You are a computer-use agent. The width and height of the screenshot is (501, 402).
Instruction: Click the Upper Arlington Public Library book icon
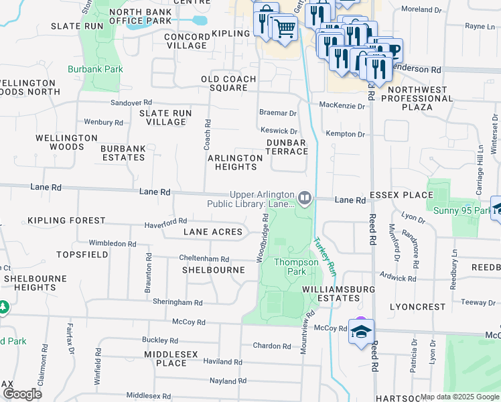click(x=305, y=198)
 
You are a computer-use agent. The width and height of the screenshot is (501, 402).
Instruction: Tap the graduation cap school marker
click(x=361, y=332)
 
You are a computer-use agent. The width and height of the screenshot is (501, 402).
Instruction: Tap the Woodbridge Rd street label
click(x=263, y=238)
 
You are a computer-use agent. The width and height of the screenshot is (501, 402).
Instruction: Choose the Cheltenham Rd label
click(x=204, y=259)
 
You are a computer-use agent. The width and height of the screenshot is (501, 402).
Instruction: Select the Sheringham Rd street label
click(x=177, y=302)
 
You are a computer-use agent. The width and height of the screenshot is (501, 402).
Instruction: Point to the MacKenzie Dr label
click(x=342, y=106)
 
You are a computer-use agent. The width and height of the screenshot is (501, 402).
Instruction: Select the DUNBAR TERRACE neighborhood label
click(x=286, y=147)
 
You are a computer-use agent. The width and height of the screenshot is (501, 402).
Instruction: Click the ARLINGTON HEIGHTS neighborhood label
click(x=234, y=162)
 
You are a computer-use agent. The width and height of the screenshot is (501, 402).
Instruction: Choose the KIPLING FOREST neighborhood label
click(x=66, y=220)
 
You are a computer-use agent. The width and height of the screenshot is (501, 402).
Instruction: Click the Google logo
click(x=22, y=394)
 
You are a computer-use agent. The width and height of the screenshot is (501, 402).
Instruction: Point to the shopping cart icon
click(x=285, y=27)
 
